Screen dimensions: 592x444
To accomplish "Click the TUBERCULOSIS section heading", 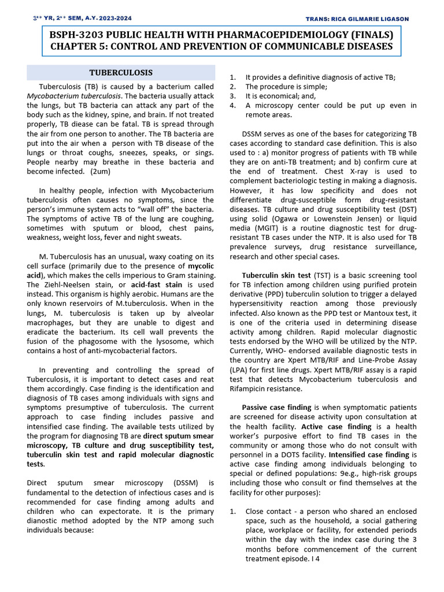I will pyautogui.click(x=120, y=72).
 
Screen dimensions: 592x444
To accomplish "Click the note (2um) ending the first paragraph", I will pyautogui.click(x=100, y=172).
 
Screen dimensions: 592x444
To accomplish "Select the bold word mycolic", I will pyautogui.click(x=201, y=267).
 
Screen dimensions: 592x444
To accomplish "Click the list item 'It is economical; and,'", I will pyautogui.click(x=282, y=96).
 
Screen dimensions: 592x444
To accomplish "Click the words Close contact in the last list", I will pyautogui.click(x=267, y=512).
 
